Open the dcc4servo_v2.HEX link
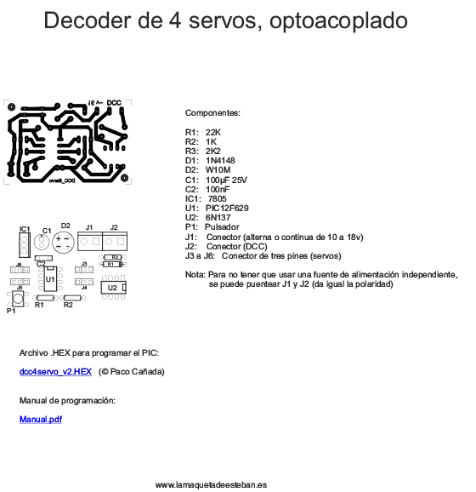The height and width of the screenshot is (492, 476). (55, 372)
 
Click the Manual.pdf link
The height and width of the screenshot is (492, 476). (40, 419)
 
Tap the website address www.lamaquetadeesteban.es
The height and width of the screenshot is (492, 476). (212, 484)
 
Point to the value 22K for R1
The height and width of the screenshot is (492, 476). (213, 132)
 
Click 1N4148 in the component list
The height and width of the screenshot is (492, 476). (220, 160)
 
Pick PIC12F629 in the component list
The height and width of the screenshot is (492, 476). (227, 208)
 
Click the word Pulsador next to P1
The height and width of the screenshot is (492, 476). (223, 226)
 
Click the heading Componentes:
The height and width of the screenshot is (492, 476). (212, 112)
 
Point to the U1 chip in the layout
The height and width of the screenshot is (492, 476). (51, 278)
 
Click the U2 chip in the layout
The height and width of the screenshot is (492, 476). (113, 289)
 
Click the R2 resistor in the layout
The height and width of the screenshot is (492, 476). (68, 297)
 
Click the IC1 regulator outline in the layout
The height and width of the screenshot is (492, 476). (25, 245)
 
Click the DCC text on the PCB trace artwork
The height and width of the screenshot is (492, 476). (114, 102)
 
